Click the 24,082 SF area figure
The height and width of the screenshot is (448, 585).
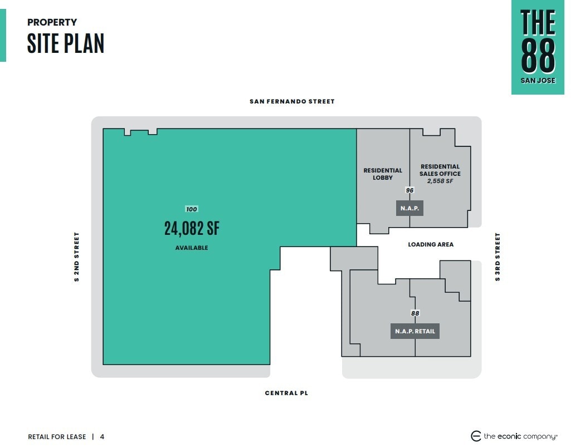(x=192, y=228)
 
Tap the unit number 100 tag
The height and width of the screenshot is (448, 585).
(x=192, y=209)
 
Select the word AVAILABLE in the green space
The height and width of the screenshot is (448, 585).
(x=192, y=248)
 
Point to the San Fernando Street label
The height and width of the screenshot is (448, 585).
(x=292, y=101)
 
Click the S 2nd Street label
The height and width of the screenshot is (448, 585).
(x=76, y=257)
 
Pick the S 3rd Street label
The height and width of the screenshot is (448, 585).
(x=498, y=257)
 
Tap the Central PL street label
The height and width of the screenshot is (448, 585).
(x=286, y=393)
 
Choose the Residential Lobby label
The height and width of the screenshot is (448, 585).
(x=383, y=174)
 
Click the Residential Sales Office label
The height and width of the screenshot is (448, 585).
(x=440, y=170)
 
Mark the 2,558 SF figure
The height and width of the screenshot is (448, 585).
(x=440, y=181)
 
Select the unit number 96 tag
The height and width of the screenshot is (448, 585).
(x=409, y=190)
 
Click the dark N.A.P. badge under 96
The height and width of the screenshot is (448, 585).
(x=409, y=208)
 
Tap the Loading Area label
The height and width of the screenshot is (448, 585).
(x=431, y=244)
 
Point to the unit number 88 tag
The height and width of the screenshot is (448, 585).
(x=415, y=313)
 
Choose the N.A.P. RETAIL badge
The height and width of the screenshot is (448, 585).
(x=415, y=331)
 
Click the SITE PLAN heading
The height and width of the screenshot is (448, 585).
(x=66, y=43)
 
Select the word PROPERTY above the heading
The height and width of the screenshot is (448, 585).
(x=52, y=22)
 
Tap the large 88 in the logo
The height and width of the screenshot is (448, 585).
(x=538, y=56)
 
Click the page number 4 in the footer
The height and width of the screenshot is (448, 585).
(x=102, y=436)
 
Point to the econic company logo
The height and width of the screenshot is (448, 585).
(x=514, y=436)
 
